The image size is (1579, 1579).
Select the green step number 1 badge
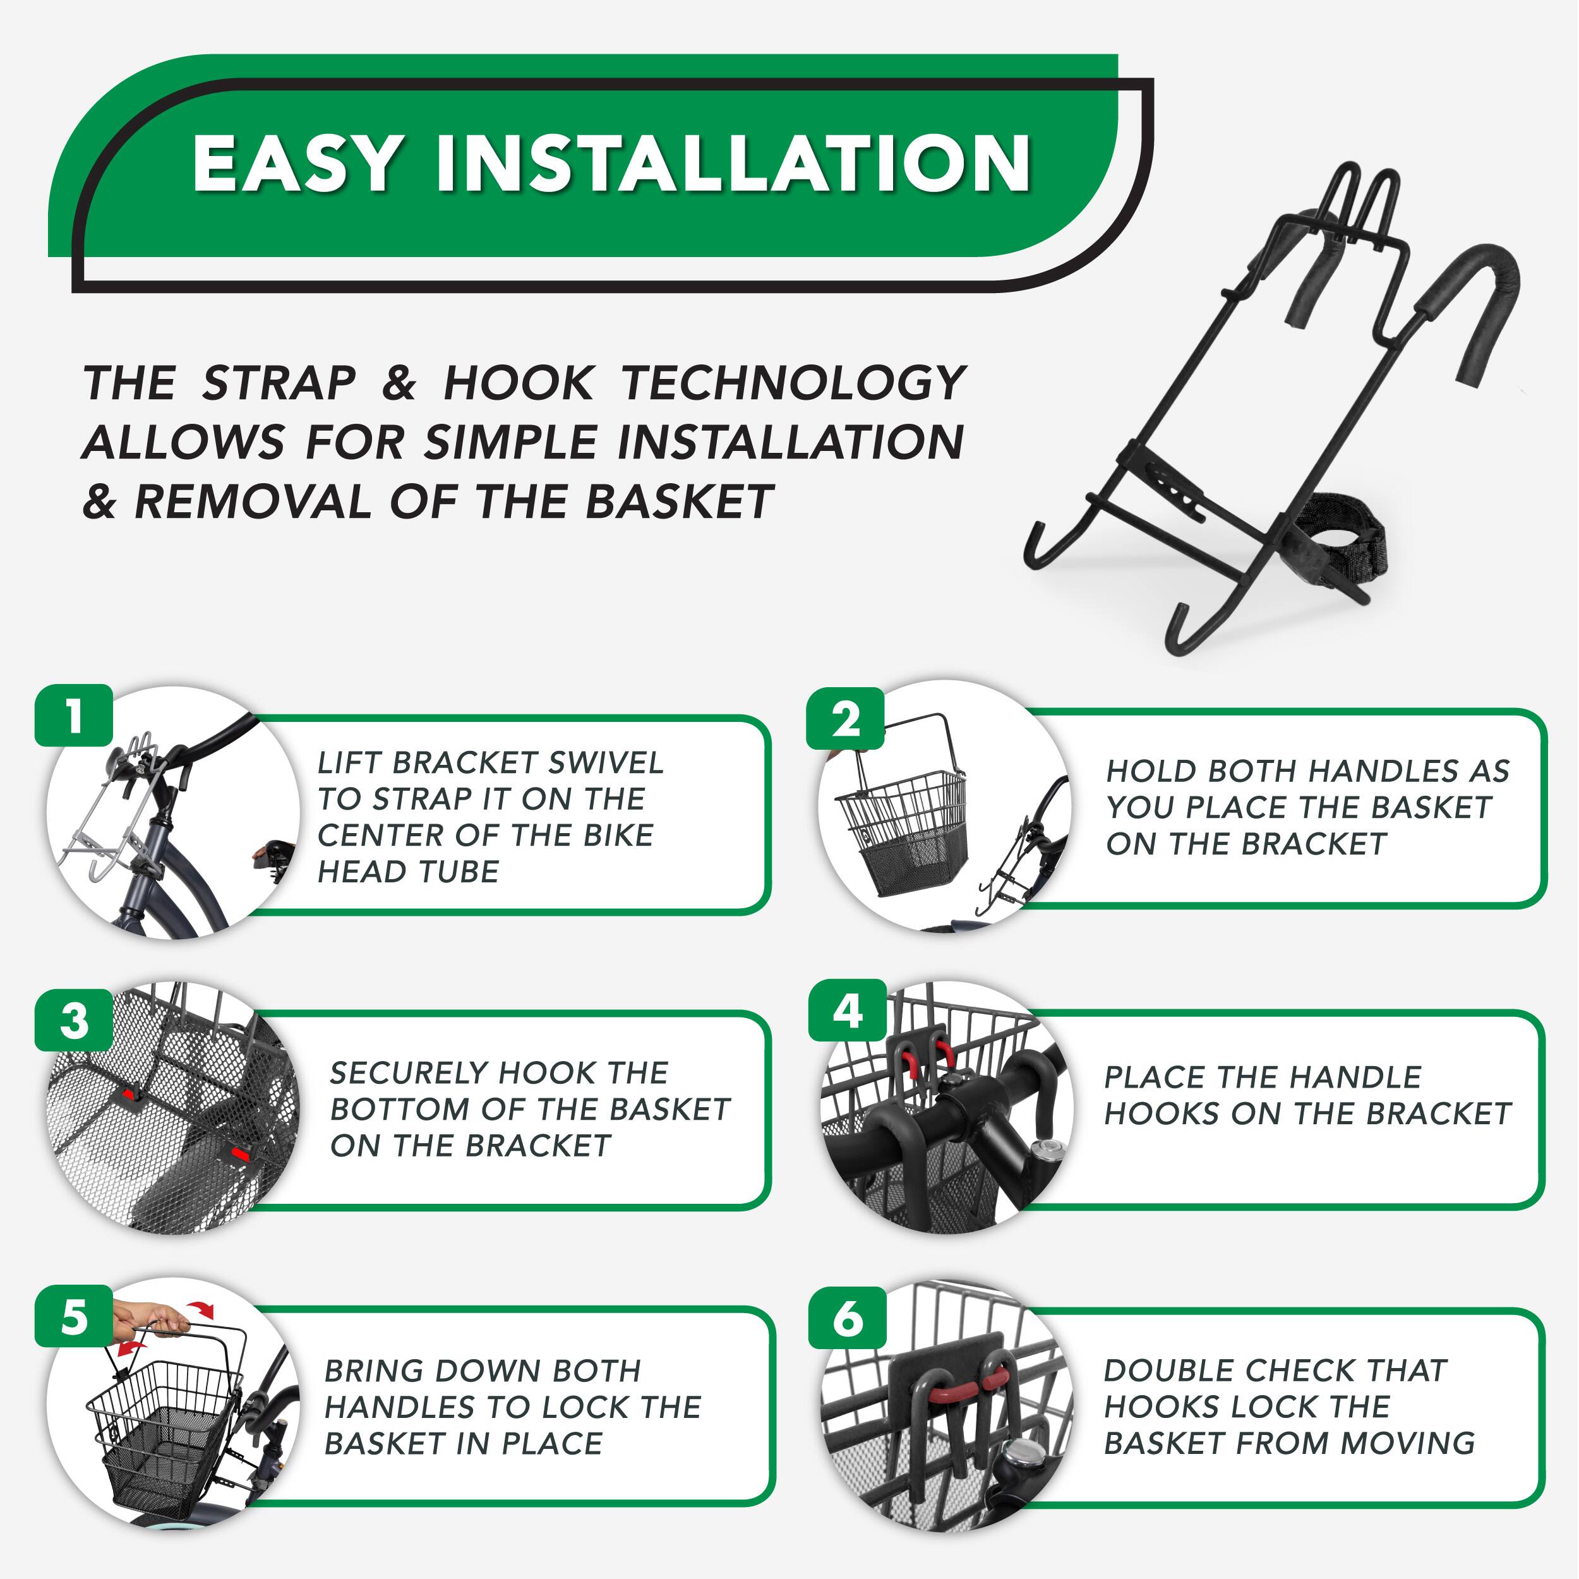[x=73, y=715]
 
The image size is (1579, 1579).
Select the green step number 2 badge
[x=846, y=719]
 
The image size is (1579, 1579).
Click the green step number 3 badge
[x=73, y=1021]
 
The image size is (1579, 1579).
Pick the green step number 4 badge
[x=848, y=1011]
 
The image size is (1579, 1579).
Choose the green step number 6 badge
[x=848, y=1318]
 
